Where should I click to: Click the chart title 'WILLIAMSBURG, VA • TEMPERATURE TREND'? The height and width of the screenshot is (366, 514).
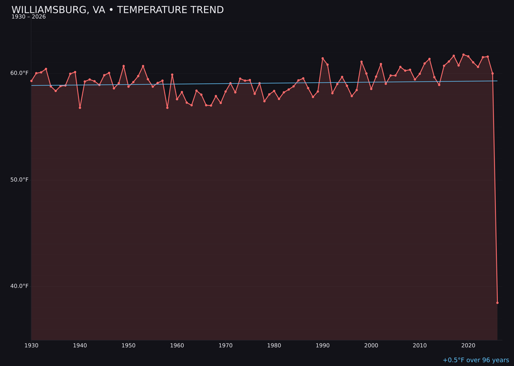pos(118,10)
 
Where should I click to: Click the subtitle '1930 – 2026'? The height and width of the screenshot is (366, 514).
pos(29,17)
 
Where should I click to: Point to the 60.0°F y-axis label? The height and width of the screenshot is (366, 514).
pos(20,73)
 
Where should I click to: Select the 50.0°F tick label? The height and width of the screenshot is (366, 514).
pos(20,180)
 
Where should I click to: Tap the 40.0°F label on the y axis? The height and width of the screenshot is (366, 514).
pos(20,286)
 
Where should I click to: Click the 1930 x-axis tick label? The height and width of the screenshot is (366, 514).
pos(31,346)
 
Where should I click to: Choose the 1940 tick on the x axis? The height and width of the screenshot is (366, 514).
pos(80,346)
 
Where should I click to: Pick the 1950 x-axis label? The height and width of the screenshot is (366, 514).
pos(128,346)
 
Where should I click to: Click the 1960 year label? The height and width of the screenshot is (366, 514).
pos(177,346)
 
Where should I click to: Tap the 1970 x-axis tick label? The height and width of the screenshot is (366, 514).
pos(226,346)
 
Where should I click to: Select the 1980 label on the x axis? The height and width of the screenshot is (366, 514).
pos(274,346)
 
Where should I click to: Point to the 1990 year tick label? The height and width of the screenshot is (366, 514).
pos(323,346)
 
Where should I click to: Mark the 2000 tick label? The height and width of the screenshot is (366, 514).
pos(371,346)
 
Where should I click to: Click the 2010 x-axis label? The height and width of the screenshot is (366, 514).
pos(420,346)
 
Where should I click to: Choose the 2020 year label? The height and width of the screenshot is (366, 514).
pos(468,346)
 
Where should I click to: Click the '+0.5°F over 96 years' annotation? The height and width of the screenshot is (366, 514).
pos(475,360)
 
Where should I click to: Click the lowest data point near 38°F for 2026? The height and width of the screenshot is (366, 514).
pos(497,303)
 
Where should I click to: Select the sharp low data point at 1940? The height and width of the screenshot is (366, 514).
pos(80,108)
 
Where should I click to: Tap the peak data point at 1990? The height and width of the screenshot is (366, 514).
pos(323,59)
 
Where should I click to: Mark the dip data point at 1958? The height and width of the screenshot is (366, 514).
pos(167,108)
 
